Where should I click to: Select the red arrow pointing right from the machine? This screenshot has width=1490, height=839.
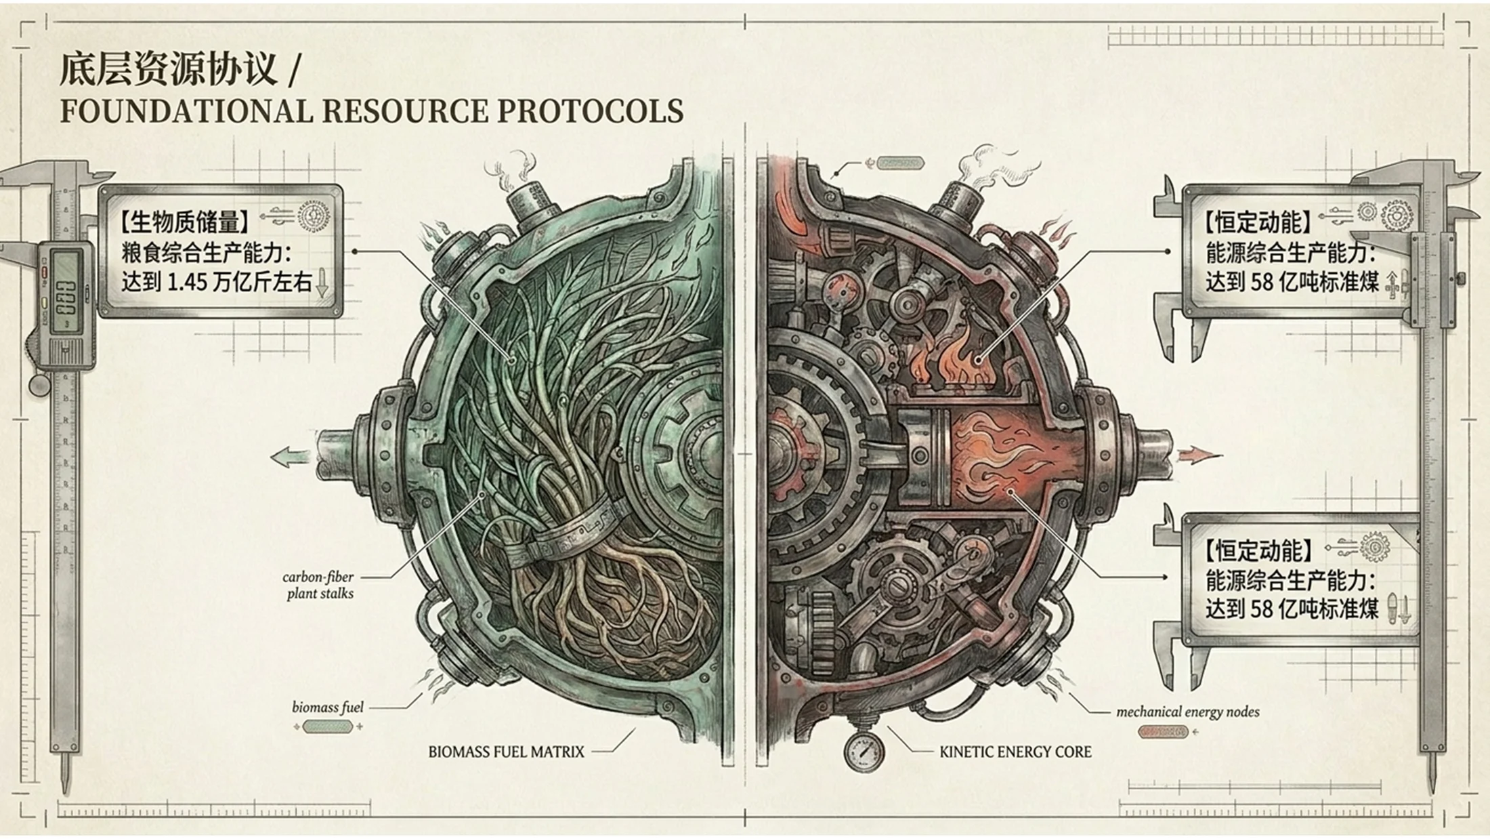pos(1199,454)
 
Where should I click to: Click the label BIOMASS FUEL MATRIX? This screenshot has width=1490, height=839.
pos(506,752)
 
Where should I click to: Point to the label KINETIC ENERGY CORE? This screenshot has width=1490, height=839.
pos(1015,752)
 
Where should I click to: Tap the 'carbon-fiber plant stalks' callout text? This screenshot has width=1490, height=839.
pos(319,585)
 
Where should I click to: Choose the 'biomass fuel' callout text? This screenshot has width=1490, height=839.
pos(328,708)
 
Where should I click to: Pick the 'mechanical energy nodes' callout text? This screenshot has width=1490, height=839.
pos(1188,712)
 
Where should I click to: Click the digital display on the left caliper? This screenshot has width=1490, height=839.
pos(66,288)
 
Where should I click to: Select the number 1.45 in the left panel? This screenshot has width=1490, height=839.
pos(187,282)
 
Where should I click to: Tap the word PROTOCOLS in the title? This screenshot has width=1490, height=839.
pos(590,111)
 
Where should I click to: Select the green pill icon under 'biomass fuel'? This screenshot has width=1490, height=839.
pos(328,727)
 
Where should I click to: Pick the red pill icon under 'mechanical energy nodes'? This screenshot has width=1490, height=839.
pos(1163,732)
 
